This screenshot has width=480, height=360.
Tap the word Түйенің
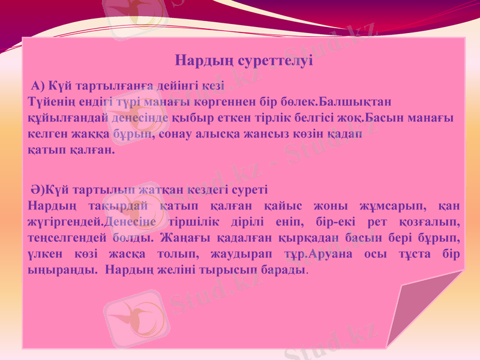(50, 98)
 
